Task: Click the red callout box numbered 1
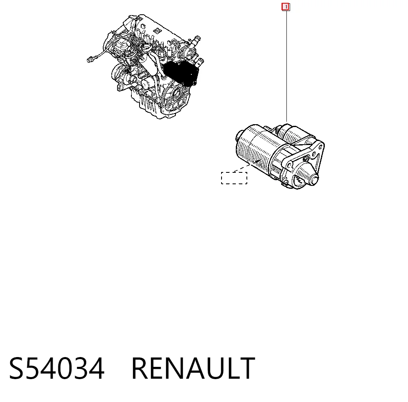(x=286, y=7)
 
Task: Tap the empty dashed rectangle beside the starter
(x=234, y=178)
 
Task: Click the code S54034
(x=57, y=368)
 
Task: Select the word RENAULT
(x=193, y=368)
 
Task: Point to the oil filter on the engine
(x=149, y=84)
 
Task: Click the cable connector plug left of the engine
(x=90, y=60)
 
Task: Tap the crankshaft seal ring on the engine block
(x=177, y=93)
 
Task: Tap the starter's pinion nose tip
(x=313, y=180)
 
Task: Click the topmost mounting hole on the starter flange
(x=320, y=147)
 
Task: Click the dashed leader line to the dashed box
(x=242, y=168)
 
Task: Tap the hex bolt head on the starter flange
(x=306, y=159)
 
